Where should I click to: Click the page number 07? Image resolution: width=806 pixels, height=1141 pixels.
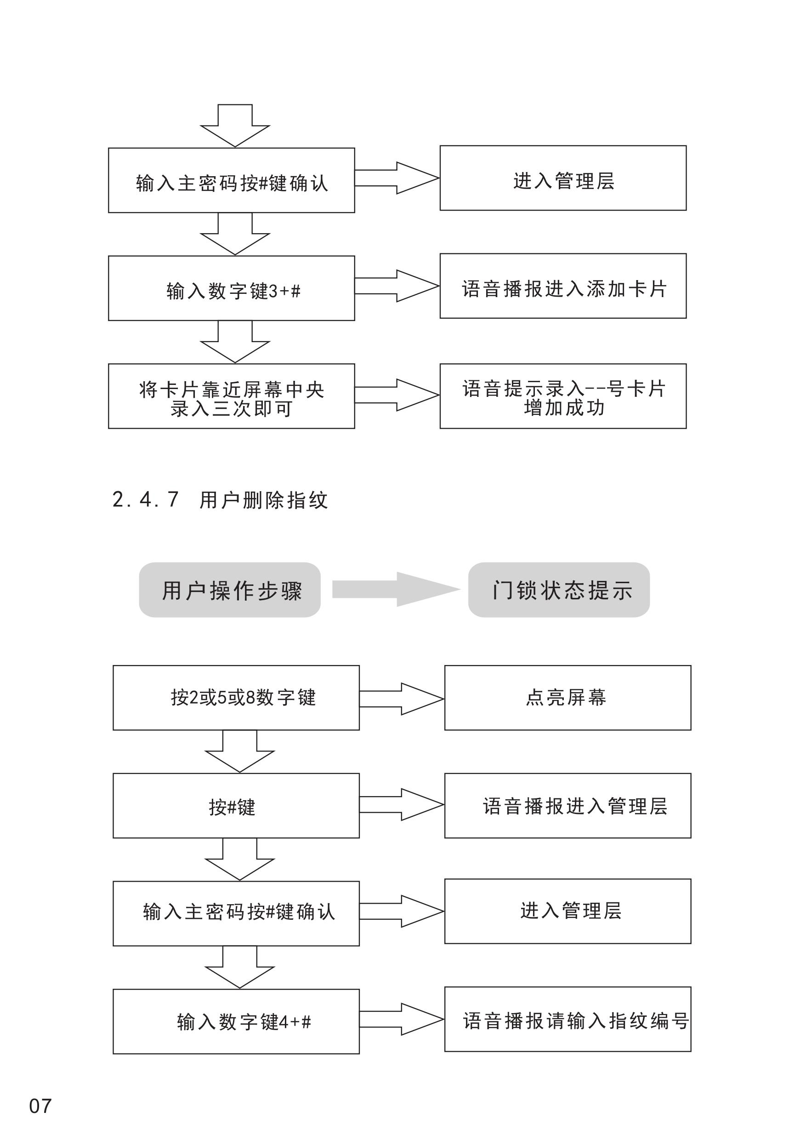[x=40, y=1106]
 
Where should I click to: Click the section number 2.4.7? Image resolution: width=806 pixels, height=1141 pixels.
[x=146, y=499]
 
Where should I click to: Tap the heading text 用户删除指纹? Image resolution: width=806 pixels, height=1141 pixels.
[x=263, y=500]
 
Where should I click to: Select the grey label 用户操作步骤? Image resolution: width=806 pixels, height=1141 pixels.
[x=230, y=590]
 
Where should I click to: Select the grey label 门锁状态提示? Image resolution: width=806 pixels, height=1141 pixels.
[x=559, y=590]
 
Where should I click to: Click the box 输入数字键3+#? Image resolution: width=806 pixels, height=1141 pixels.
[x=232, y=288]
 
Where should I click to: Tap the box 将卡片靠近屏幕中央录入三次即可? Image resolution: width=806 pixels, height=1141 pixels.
[x=232, y=396]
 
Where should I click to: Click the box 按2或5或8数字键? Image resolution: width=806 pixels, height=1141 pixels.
[x=236, y=698]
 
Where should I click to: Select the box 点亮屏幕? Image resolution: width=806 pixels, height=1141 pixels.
[x=568, y=698]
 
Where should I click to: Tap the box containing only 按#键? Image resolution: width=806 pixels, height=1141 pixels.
[x=236, y=806]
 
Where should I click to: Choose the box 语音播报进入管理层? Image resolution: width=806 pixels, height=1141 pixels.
[x=568, y=806]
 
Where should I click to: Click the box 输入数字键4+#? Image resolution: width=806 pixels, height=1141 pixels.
[x=236, y=1021]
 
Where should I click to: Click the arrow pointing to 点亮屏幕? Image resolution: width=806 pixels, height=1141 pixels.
[x=401, y=699]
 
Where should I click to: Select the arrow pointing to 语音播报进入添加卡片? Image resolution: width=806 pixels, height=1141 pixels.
[x=397, y=286]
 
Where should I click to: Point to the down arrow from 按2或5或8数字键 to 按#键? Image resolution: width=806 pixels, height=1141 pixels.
[x=240, y=751]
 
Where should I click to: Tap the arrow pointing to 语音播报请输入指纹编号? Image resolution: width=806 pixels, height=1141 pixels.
[x=401, y=1019]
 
